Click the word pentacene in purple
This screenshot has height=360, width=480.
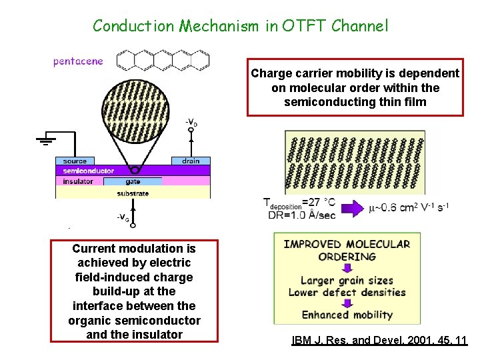pyautogui.click(x=79, y=61)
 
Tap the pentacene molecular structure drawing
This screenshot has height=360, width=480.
pyautogui.click(x=163, y=60)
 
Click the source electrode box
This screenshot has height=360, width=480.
pyautogui.click(x=75, y=161)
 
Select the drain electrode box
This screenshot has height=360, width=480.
pyautogui.click(x=191, y=161)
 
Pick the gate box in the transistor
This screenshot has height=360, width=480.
pyautogui.click(x=133, y=181)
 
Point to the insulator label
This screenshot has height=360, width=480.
pyautogui.click(x=79, y=181)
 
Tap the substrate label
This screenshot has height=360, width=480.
pyautogui.click(x=133, y=193)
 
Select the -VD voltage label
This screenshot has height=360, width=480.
pyautogui.click(x=191, y=123)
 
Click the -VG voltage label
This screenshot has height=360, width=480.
pyautogui.click(x=123, y=217)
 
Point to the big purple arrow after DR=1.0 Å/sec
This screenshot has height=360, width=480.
pyautogui.click(x=350, y=209)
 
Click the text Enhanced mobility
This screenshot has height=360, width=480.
pyautogui.click(x=347, y=315)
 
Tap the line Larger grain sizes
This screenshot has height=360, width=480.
pyautogui.click(x=347, y=281)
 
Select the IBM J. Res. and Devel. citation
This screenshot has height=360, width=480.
pyautogui.click(x=379, y=341)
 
